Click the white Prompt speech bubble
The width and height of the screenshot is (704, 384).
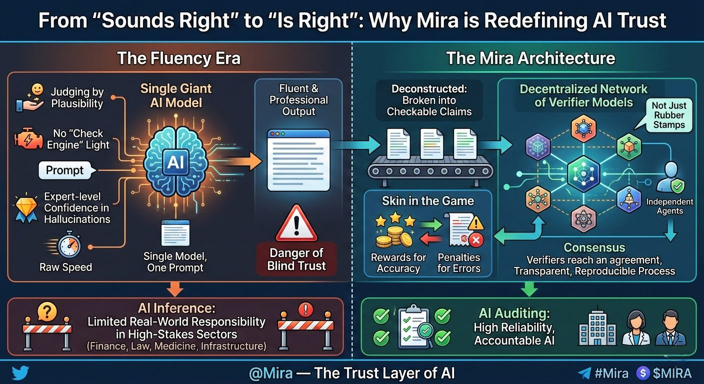point(64,170)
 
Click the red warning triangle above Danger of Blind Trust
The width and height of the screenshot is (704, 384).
point(296,224)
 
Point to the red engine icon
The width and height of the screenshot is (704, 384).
point(28,139)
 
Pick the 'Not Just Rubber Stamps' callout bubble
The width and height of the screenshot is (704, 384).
point(669,115)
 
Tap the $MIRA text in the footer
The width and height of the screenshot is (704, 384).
point(672,373)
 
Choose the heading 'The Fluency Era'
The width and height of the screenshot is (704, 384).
point(178,58)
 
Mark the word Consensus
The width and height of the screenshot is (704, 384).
point(594,247)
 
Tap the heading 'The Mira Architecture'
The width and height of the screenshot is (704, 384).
point(530,58)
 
